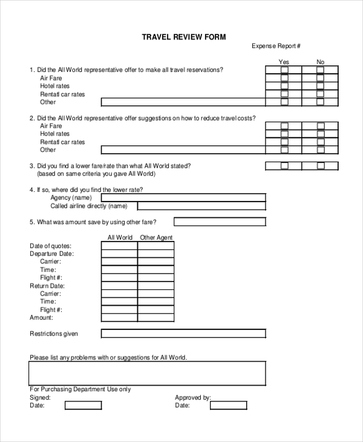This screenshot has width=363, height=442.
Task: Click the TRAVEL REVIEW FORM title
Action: [x=183, y=37]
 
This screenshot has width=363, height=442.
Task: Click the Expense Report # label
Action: [x=276, y=46]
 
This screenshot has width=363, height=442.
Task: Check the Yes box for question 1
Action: [x=284, y=70]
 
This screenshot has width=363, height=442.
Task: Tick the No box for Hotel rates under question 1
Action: [x=320, y=86]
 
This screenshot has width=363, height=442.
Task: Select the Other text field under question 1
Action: [x=183, y=102]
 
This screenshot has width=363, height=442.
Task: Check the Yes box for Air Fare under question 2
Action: [x=284, y=126]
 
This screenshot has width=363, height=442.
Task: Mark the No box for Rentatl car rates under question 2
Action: [x=320, y=142]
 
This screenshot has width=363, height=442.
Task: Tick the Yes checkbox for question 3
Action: [x=284, y=166]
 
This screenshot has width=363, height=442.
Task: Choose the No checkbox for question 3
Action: [x=320, y=166]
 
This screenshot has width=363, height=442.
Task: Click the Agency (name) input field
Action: [x=183, y=197]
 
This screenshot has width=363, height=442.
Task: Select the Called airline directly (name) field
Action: [x=183, y=206]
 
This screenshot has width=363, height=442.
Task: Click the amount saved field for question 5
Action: [x=220, y=222]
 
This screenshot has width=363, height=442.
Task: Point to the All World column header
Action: [x=119, y=237]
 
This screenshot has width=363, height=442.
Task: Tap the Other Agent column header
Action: [x=156, y=237]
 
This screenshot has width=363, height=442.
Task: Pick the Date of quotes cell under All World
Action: [x=119, y=246]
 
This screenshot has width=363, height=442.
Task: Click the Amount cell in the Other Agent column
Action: [x=156, y=317]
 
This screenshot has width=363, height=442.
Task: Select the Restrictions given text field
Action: [x=183, y=334]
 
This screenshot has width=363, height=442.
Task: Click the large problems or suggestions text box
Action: [x=147, y=373]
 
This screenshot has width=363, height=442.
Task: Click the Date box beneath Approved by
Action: [x=228, y=405]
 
